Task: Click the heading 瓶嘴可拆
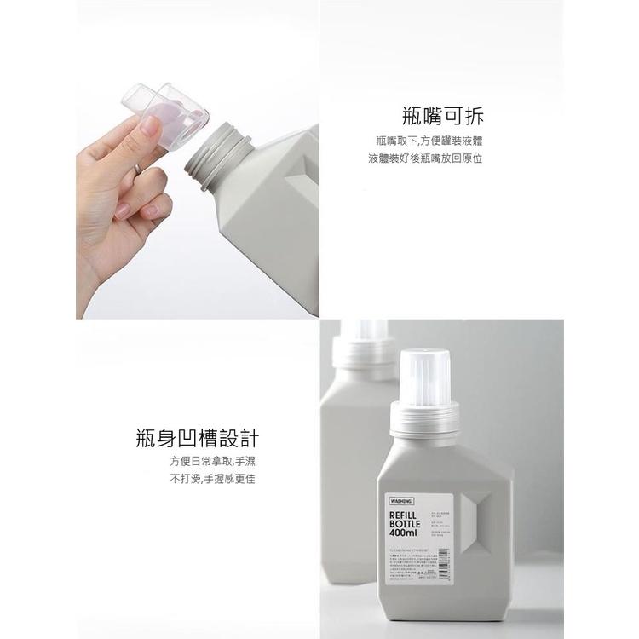447,114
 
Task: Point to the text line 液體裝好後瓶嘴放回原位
424,158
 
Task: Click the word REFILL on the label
406,516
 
